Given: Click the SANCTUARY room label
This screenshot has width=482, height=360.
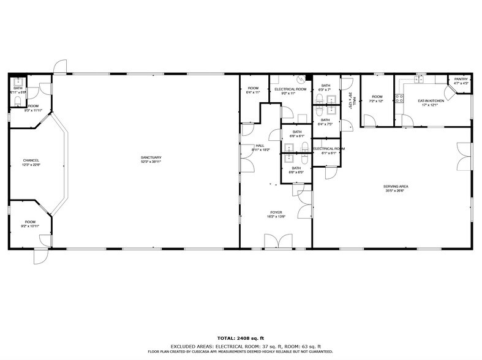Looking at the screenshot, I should [150, 157].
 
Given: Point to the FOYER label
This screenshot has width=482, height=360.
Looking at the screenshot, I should [274, 213].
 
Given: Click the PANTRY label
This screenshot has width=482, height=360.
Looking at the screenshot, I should [461, 79].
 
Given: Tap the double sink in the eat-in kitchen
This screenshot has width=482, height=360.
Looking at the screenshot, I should [420, 80].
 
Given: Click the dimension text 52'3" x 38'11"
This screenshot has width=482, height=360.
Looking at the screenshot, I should [150, 162].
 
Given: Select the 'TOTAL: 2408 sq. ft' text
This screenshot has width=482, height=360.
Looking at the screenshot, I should [241, 338].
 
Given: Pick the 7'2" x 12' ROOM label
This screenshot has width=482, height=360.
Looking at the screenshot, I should [377, 99].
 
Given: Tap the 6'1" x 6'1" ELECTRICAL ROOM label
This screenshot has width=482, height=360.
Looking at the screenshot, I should [329, 151].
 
